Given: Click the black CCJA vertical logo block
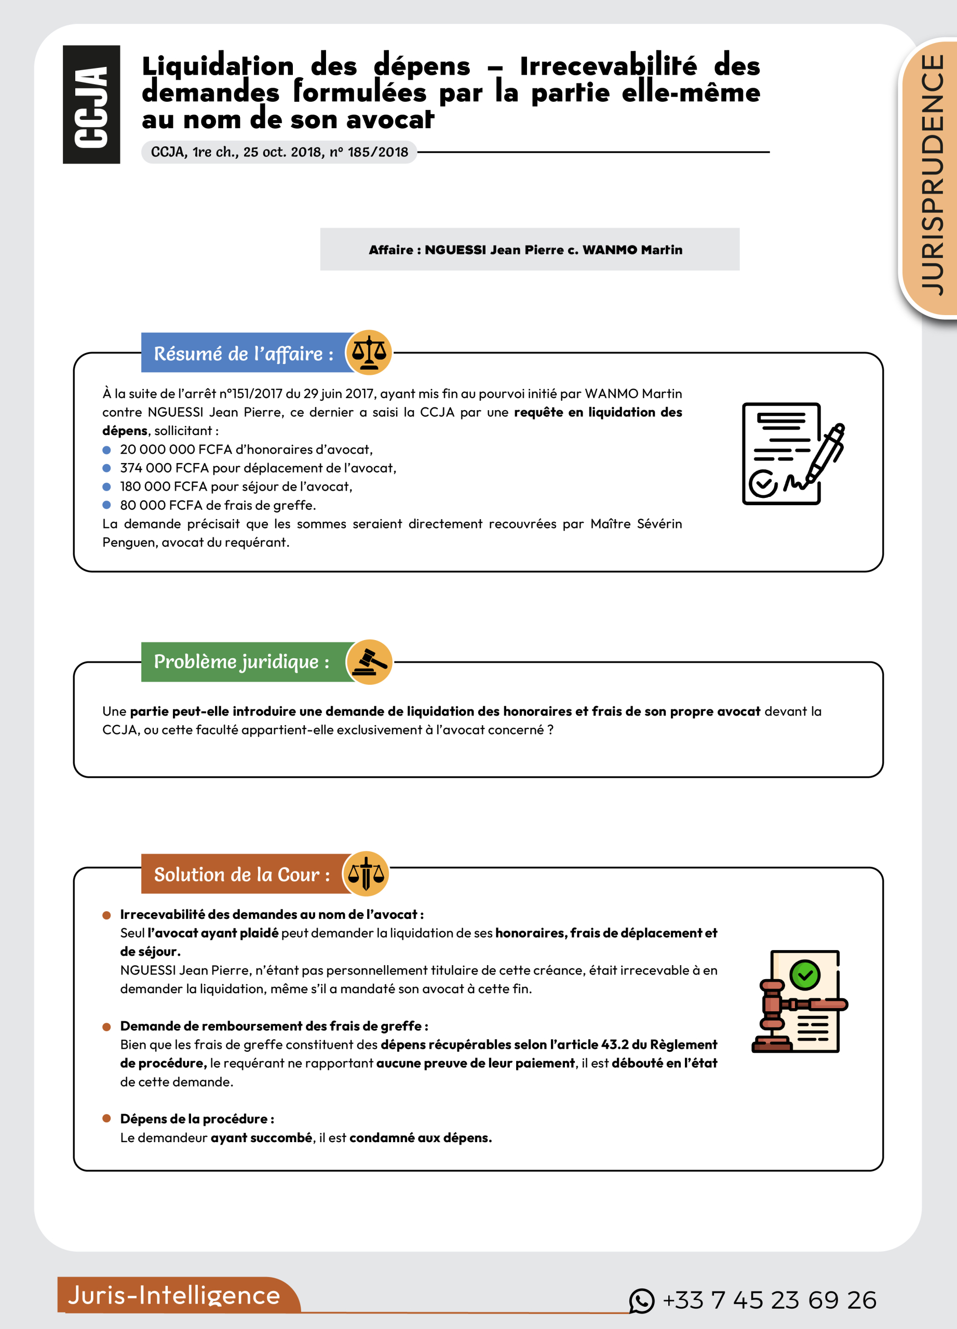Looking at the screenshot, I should pyautogui.click(x=91, y=104).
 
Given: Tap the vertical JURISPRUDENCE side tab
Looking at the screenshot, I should pyautogui.click(x=932, y=176).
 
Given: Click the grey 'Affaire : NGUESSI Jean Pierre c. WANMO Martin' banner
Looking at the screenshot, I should pyautogui.click(x=529, y=250).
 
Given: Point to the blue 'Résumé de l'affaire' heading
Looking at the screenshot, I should pyautogui.click(x=242, y=354).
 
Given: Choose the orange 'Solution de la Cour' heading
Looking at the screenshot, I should pyautogui.click(x=241, y=874).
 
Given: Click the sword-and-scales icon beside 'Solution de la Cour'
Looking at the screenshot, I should pyautogui.click(x=366, y=874).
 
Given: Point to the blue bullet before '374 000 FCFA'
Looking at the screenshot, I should pyautogui.click(x=106, y=468).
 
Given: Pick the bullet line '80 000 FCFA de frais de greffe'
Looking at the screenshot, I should pyautogui.click(x=218, y=505).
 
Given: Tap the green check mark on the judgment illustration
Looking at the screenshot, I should pyautogui.click(x=805, y=975).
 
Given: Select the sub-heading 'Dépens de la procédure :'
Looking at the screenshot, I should pyautogui.click(x=197, y=1119).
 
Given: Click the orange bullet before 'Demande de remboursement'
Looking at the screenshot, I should pyautogui.click(x=106, y=1027).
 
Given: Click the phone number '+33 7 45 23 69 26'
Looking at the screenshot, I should pyautogui.click(x=769, y=1300).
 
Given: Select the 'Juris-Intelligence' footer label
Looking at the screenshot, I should pyautogui.click(x=174, y=1295).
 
